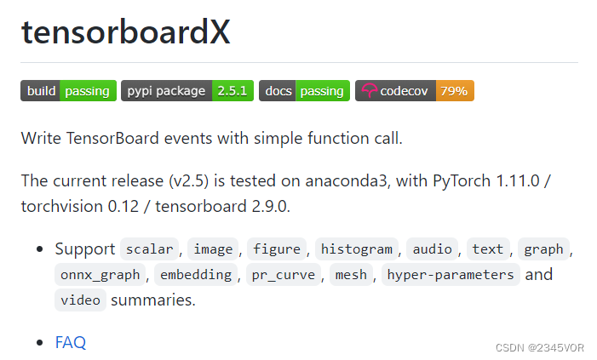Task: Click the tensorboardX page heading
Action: (126, 32)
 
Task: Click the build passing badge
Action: (68, 91)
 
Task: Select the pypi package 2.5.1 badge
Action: (187, 91)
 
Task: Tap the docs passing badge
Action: (304, 91)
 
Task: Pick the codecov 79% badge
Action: (415, 91)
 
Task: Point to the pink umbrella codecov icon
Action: (368, 91)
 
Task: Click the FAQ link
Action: (71, 342)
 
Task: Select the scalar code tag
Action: (149, 249)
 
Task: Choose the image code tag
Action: (213, 249)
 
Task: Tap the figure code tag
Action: (277, 249)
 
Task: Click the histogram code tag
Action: (358, 249)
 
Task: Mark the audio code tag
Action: (433, 249)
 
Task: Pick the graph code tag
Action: (543, 249)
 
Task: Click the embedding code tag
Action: (196, 274)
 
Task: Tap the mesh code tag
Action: (351, 274)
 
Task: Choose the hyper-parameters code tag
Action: (450, 274)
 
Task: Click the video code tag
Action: (80, 300)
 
